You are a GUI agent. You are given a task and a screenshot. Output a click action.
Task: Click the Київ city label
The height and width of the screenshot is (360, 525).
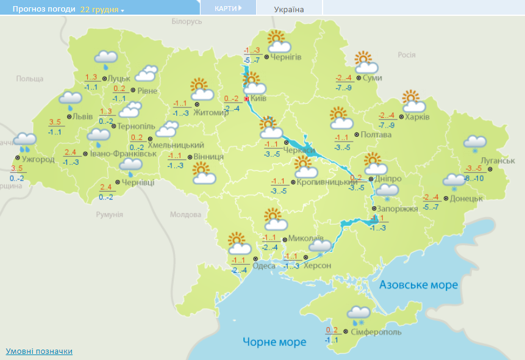pos(259,99)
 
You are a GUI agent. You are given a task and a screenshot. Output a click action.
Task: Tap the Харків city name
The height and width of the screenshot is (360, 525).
pos(418,117)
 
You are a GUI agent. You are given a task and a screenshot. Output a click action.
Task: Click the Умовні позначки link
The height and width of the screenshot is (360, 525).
pos(39,351)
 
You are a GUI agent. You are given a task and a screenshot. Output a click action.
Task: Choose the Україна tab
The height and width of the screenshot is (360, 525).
pos(289,9)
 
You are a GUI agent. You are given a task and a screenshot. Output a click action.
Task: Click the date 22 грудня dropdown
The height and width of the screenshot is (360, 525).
pos(101,10)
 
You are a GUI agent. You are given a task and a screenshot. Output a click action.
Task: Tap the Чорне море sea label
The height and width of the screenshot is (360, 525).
pos(274,342)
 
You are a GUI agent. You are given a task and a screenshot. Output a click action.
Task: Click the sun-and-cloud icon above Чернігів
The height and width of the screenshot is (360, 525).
pos(277,42)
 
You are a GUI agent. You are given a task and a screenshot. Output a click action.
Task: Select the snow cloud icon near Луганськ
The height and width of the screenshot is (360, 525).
pos(474,143)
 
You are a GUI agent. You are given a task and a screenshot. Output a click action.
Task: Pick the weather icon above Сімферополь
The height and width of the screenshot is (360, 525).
pos(359,314)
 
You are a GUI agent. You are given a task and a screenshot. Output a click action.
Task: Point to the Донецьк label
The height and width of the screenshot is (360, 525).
pos(467,198)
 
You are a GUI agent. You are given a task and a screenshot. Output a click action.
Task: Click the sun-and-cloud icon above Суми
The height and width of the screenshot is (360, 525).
pos(366,63)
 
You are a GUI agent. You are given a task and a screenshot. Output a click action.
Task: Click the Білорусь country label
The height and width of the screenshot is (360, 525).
pos(187,21)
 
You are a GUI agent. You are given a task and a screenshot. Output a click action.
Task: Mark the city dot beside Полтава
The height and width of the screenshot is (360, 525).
pos(357,134)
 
